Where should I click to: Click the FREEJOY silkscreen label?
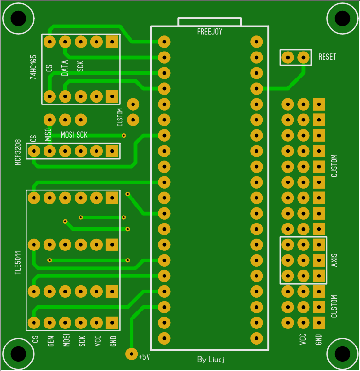[210, 32]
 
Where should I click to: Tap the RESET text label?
[327, 57]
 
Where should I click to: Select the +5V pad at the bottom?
[132, 354]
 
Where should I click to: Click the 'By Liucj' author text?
[211, 359]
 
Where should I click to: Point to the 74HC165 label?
[34, 67]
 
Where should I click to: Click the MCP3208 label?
[18, 153]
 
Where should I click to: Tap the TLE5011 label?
[18, 263]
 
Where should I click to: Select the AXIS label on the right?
[334, 260]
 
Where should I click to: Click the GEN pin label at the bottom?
[51, 341]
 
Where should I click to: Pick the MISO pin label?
[48, 135]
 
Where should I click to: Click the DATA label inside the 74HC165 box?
[65, 68]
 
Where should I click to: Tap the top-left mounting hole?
[18, 18]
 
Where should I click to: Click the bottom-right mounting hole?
[342, 354]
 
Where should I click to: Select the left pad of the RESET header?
[288, 57]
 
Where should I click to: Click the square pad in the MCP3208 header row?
[112, 151]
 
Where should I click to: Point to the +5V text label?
[144, 356]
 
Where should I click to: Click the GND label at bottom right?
[318, 339]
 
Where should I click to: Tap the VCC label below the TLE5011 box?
[98, 341]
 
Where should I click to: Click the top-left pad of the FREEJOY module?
[164, 42]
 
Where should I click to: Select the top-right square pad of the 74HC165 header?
[112, 42]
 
